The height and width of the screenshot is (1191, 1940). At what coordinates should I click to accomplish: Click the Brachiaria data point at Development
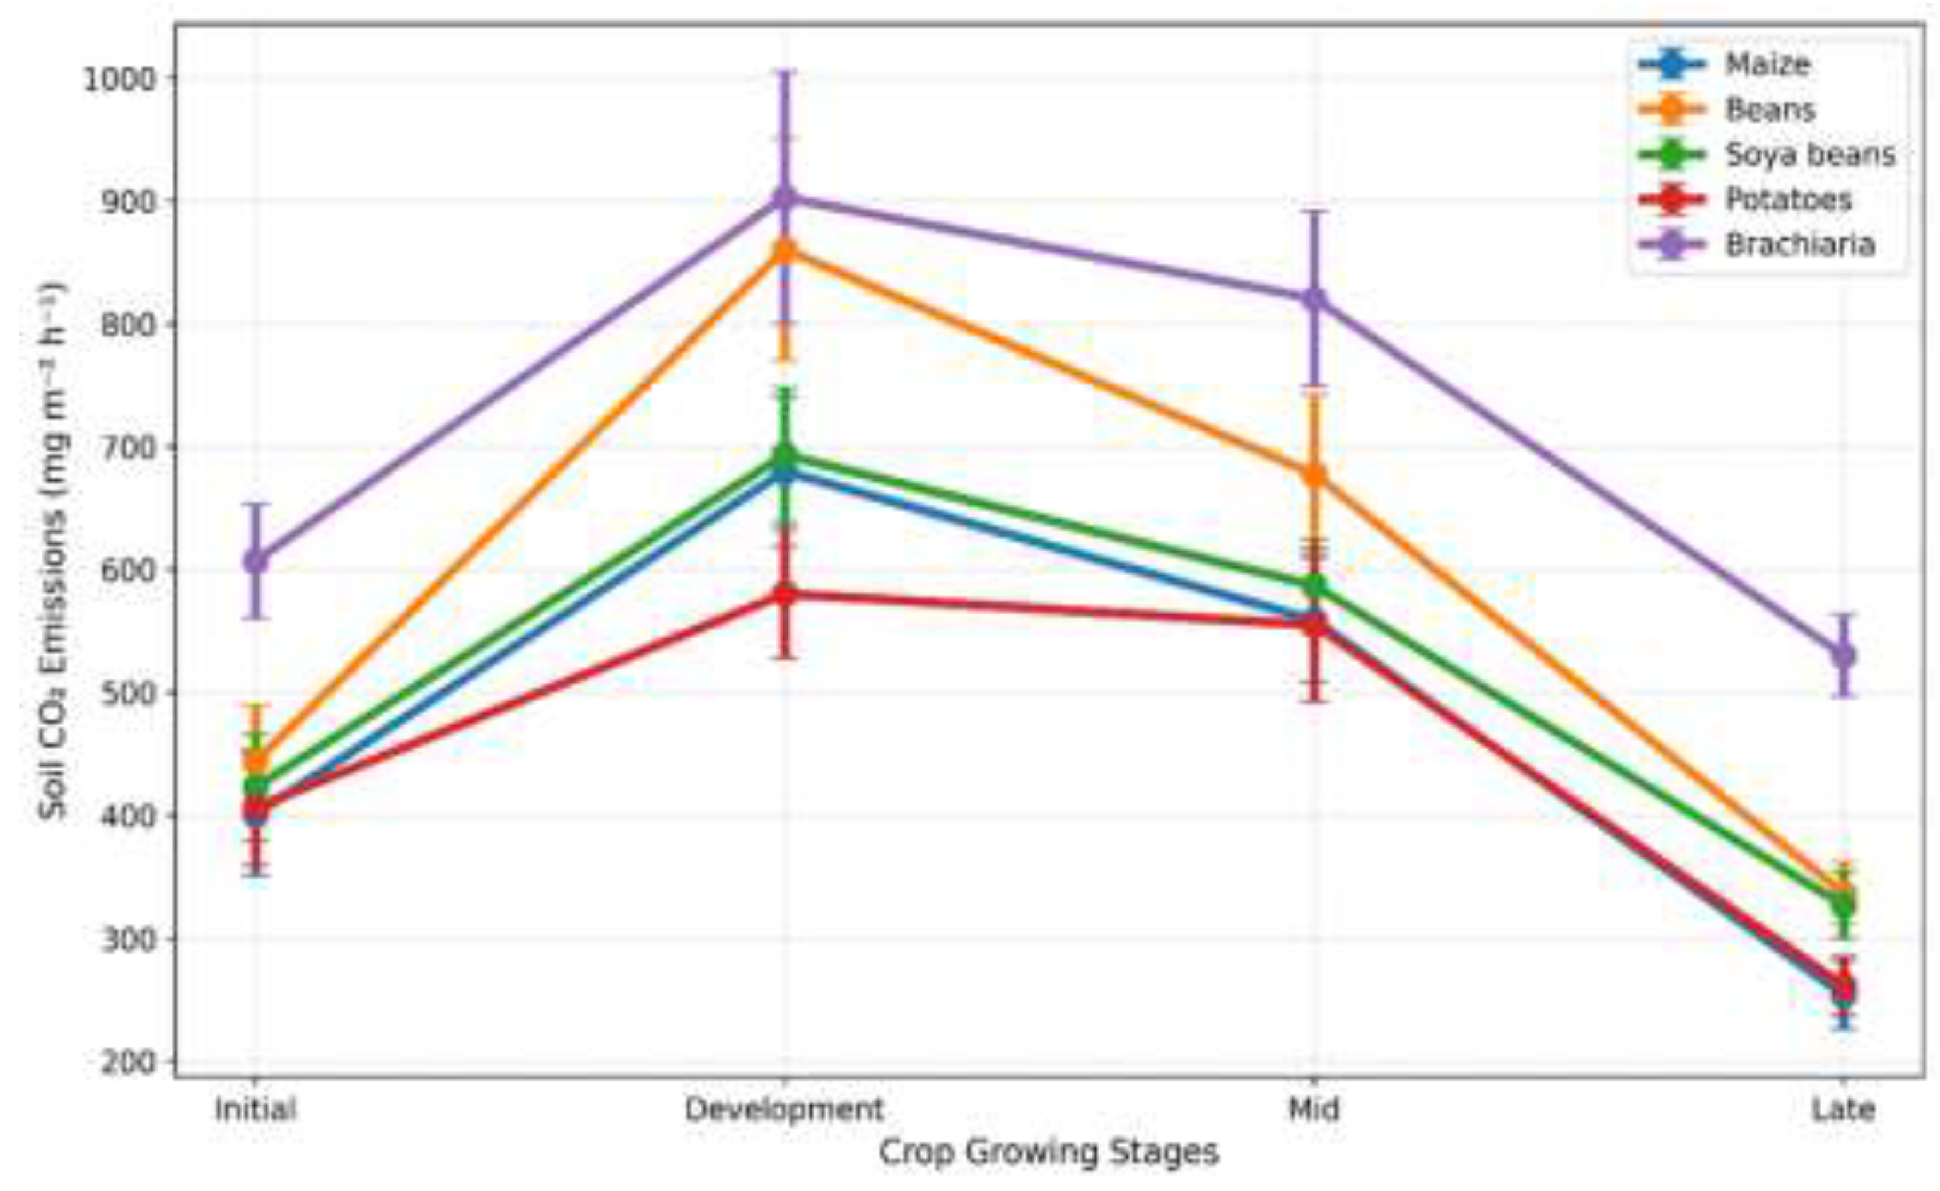[784, 197]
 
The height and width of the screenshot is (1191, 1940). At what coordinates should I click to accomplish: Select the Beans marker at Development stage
[784, 251]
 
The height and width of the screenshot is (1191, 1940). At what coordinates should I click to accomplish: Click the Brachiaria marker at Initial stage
[255, 561]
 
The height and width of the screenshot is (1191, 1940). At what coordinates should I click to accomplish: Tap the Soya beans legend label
[1810, 155]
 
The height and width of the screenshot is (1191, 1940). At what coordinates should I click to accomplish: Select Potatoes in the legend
[1788, 199]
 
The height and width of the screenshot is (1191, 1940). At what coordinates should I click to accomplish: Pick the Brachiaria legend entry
[1800, 244]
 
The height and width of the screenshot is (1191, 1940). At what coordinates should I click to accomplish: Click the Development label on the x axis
[784, 1109]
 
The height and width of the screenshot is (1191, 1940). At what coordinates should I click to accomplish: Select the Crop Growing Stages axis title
[1049, 1153]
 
